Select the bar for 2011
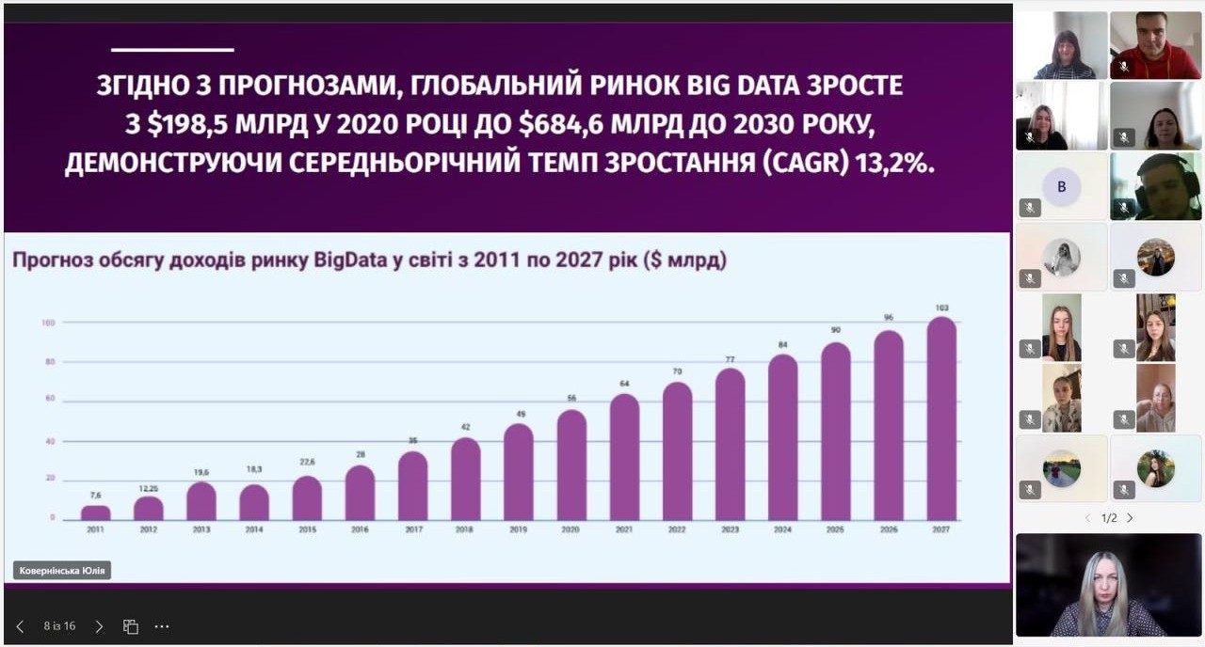click(x=95, y=513)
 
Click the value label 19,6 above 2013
click(x=201, y=473)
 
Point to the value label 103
click(x=941, y=308)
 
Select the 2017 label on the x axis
click(x=412, y=529)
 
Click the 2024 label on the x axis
click(x=782, y=529)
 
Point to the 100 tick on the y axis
click(x=48, y=323)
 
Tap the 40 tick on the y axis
click(x=49, y=440)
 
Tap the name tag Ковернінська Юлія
click(x=62, y=570)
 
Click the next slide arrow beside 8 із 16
click(x=100, y=626)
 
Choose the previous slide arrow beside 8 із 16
click(x=20, y=626)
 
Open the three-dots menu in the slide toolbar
click(x=162, y=626)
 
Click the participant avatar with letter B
click(x=1062, y=186)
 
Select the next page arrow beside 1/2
click(x=1130, y=518)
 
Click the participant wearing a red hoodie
click(x=1154, y=45)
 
